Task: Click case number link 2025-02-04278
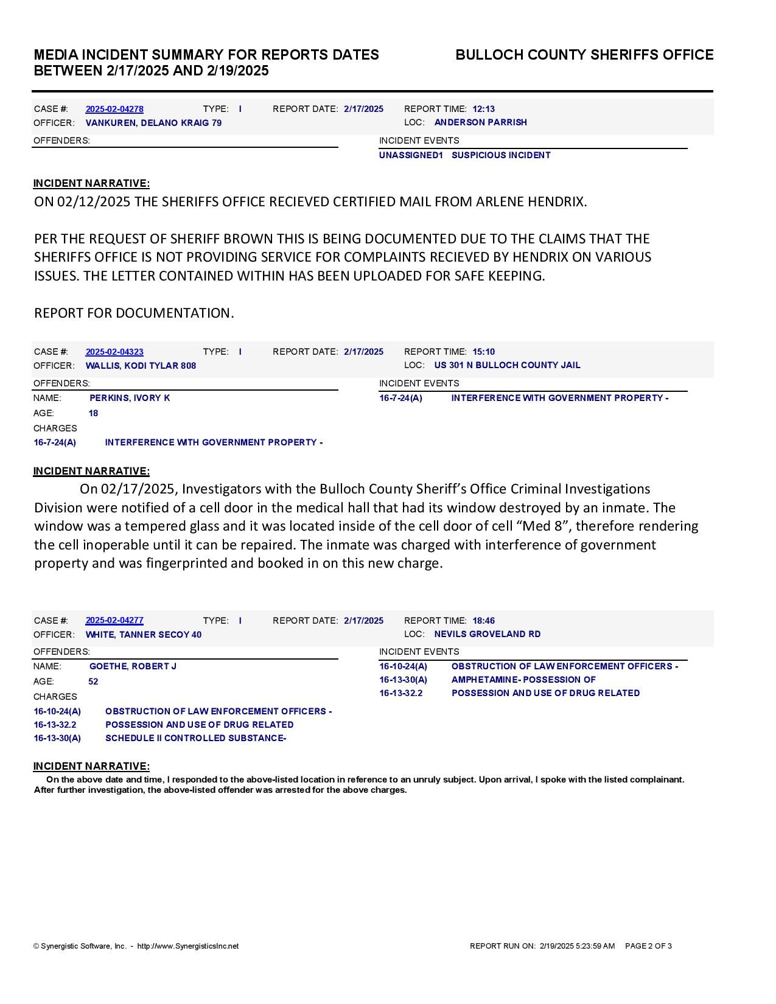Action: tap(114, 109)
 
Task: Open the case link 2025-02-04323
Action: tap(114, 352)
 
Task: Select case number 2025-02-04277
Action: tap(114, 620)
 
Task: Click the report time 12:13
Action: tap(483, 109)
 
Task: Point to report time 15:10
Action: tap(483, 352)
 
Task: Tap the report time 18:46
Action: tap(483, 621)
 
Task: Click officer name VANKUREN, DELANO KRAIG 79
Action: tap(153, 123)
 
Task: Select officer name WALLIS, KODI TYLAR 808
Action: tap(141, 366)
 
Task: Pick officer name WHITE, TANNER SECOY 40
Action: tap(144, 635)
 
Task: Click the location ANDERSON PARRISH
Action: tap(480, 122)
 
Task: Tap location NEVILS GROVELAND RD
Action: tap(487, 634)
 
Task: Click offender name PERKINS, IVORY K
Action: tap(130, 398)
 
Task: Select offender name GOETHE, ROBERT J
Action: tap(133, 666)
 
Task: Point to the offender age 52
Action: tap(93, 682)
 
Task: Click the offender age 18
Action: tap(93, 413)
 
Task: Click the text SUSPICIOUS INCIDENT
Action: tap(501, 155)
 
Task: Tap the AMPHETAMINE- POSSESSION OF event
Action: tap(523, 680)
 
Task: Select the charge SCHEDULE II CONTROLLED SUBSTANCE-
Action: tap(195, 738)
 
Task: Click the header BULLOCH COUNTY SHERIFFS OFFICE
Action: tap(584, 55)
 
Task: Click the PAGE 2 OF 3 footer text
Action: tap(648, 946)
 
